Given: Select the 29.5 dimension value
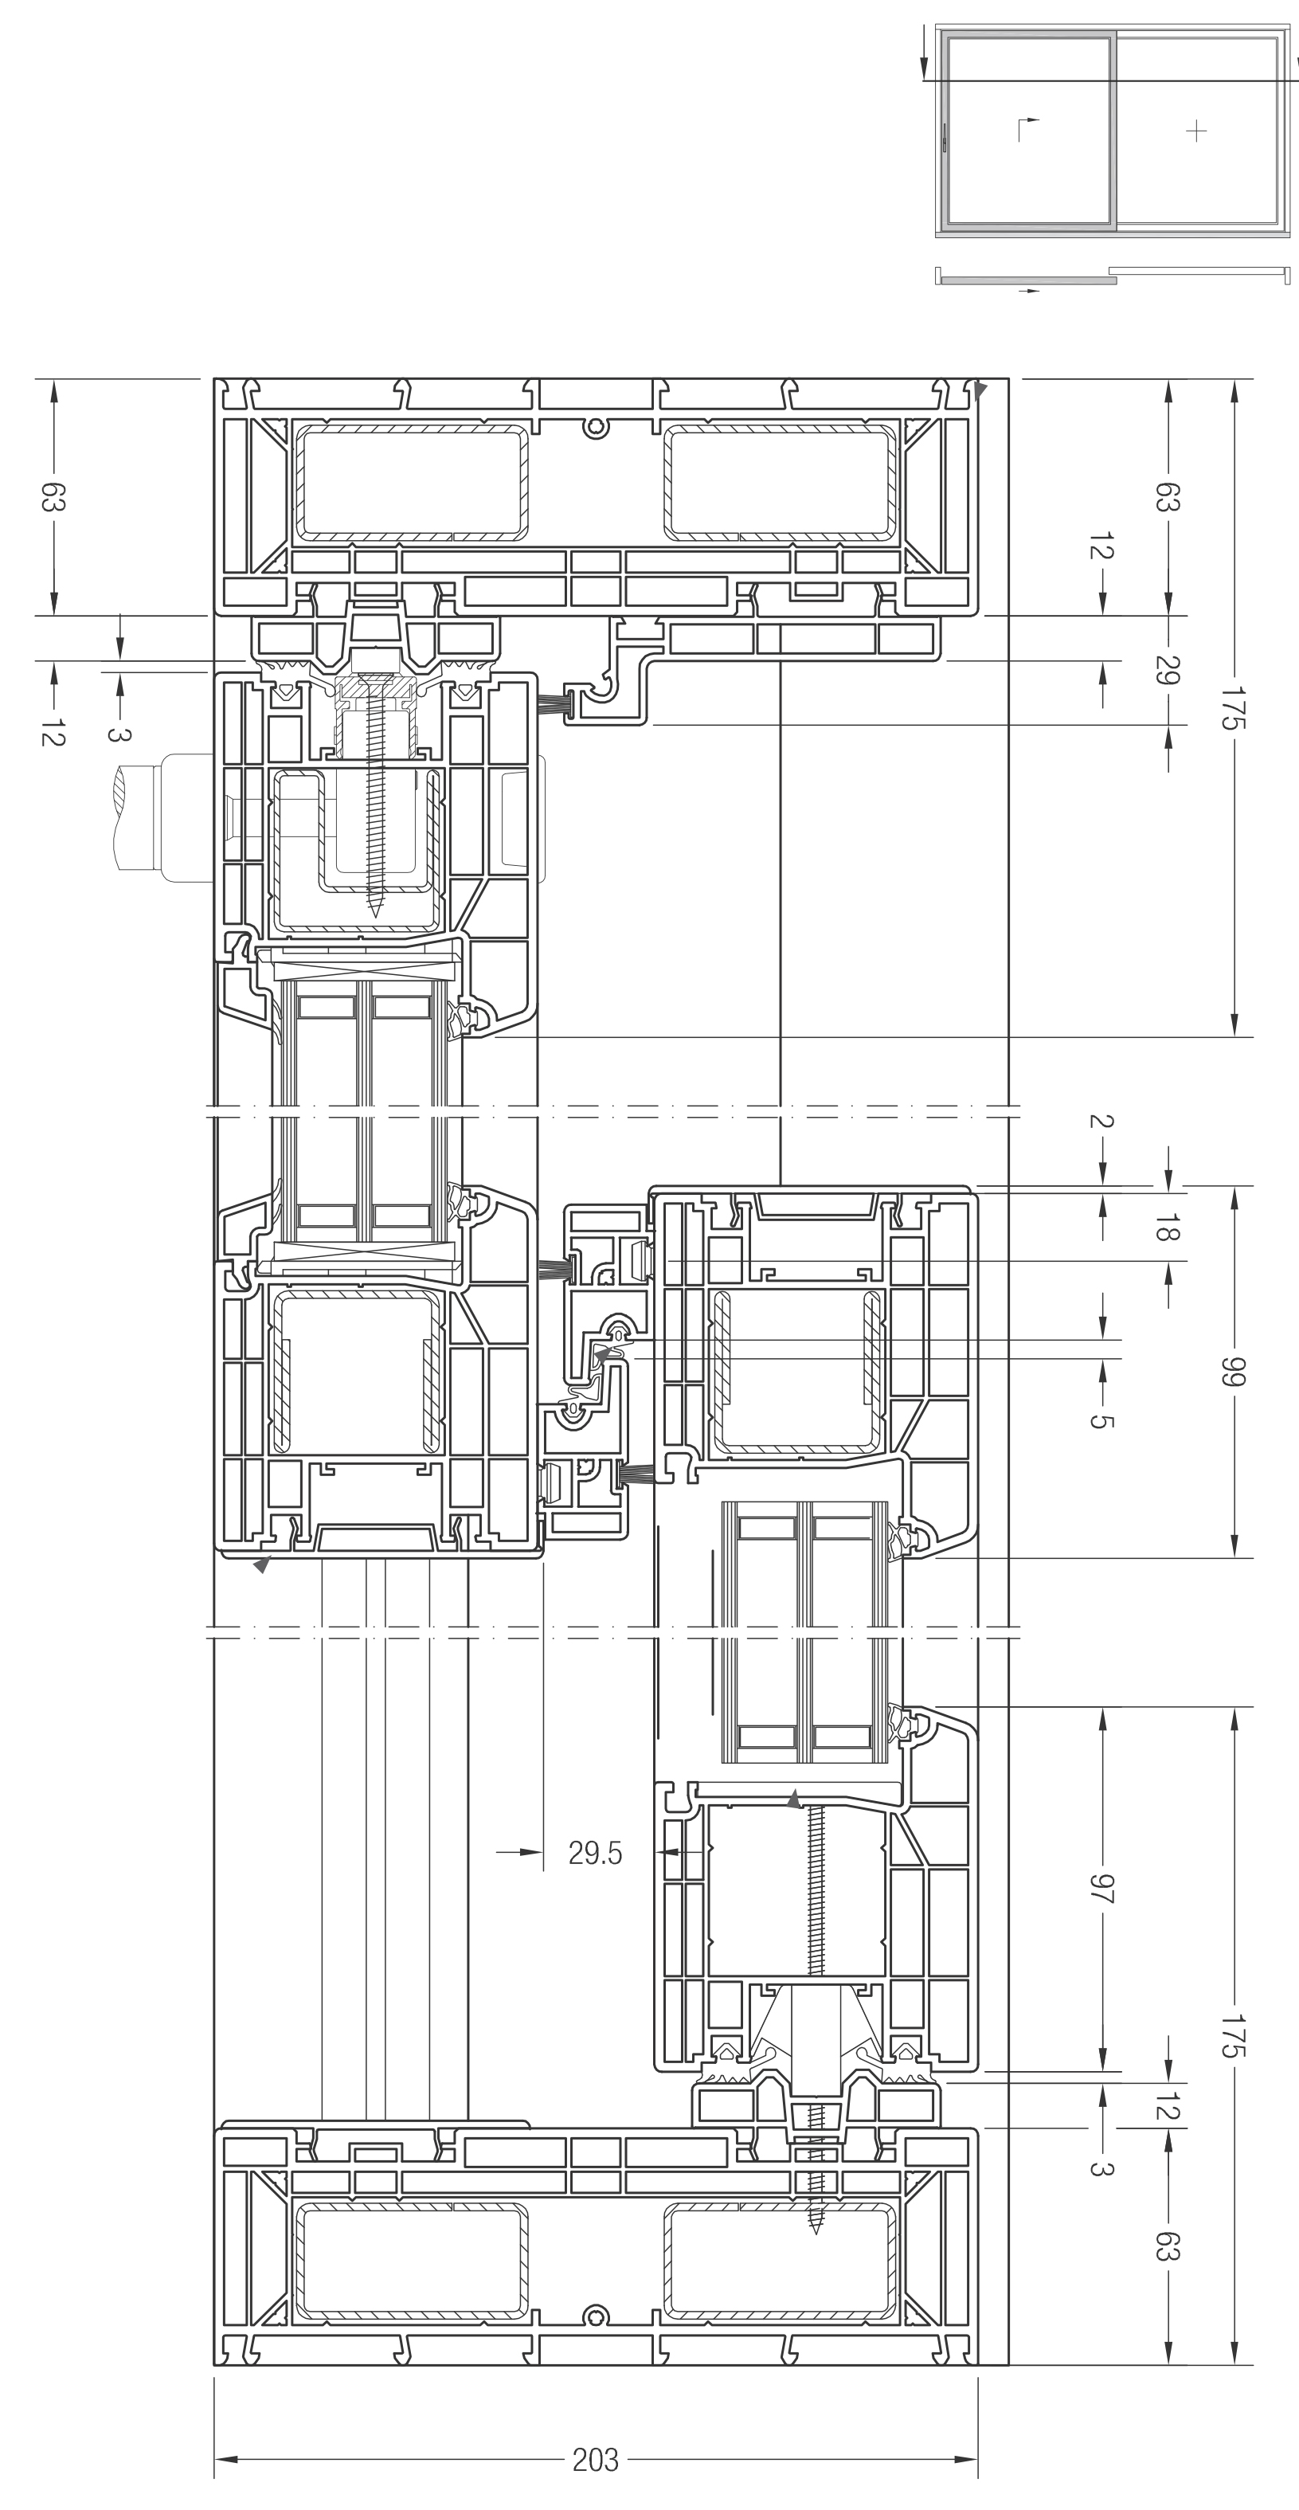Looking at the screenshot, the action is [596, 1851].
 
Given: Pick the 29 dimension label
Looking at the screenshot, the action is [1168, 671].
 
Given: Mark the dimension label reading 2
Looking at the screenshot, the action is [1101, 1121].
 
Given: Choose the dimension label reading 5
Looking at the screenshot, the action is [1101, 1420].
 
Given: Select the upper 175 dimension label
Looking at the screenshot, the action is [1234, 707].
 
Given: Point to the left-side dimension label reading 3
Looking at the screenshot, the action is [118, 734].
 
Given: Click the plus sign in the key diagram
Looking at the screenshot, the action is [1197, 131].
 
